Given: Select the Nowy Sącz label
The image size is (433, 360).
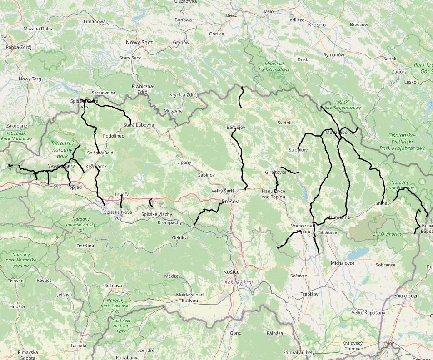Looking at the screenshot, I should click(x=139, y=42).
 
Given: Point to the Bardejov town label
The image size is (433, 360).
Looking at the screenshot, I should click(x=236, y=128).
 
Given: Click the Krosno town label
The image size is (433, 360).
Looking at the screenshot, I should click(x=317, y=25).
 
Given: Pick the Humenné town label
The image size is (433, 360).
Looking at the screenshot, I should click(x=340, y=217).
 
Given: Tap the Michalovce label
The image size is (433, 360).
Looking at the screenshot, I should click(x=343, y=263).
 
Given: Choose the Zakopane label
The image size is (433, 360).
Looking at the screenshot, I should click(x=17, y=126).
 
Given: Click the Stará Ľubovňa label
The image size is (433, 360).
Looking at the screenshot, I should click(x=139, y=125).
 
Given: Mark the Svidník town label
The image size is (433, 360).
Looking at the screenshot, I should click(x=285, y=123).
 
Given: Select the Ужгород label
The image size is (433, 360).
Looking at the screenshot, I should click(x=406, y=296).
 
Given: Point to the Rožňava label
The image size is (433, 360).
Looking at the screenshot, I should click(x=113, y=285).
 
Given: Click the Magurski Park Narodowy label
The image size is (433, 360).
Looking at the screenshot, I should click(x=274, y=67).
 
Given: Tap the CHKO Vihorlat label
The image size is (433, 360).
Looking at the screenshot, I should click(x=387, y=234).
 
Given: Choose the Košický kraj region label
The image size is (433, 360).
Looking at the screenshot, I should click(x=239, y=282).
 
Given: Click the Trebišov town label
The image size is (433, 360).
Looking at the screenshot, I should click(x=309, y=294).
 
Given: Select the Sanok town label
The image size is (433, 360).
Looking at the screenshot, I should click(x=390, y=59).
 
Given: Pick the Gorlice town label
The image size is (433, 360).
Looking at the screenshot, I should click(x=217, y=34).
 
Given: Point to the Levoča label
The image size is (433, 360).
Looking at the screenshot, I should click(x=122, y=194).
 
